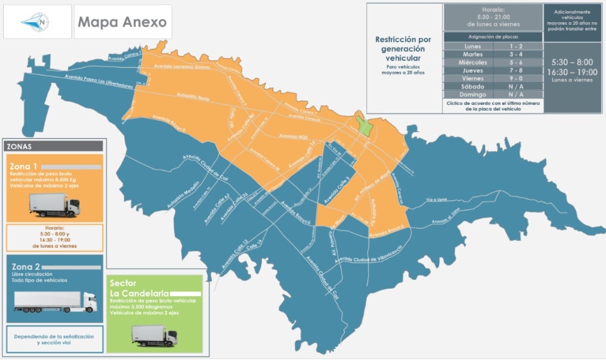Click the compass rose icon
pos(36,21)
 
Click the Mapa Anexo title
pos(122,22)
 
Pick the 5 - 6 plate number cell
pos(517,62)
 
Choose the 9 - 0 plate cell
pos(517,79)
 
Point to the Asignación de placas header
pos(493,36)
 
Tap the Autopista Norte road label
pos(193,97)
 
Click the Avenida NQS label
pos(293,136)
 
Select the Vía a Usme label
pos(436,199)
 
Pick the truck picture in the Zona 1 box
pos(54,205)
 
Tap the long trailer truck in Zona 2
pos(55,301)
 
